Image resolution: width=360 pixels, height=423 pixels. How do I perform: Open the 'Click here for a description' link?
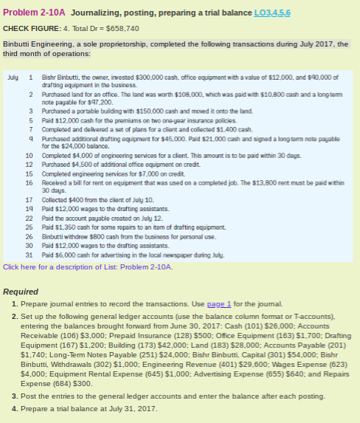tap(60, 266)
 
